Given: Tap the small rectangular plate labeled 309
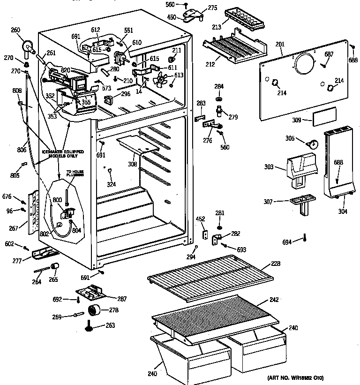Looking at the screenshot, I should [324, 116].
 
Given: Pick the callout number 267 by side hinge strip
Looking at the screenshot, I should [14, 228].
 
